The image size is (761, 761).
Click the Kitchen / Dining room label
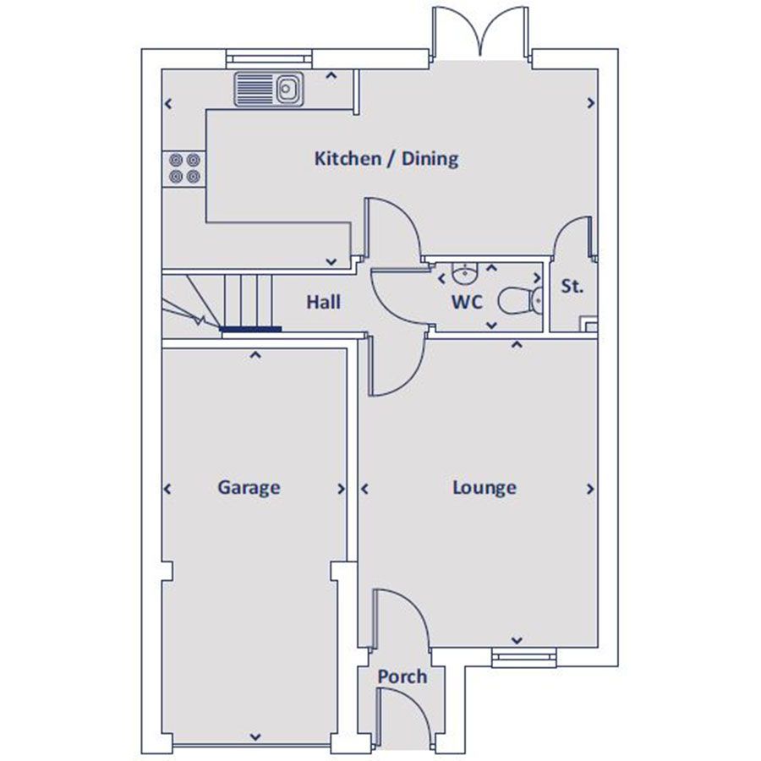click(386, 158)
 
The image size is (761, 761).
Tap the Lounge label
click(485, 487)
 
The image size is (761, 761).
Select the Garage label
click(249, 487)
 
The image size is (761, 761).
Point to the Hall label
click(323, 301)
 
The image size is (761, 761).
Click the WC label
click(467, 302)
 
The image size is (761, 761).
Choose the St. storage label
click(572, 286)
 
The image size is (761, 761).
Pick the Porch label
click(402, 676)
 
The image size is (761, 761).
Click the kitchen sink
click(269, 88)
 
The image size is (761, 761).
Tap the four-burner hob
click(184, 167)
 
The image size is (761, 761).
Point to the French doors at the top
click(482, 34)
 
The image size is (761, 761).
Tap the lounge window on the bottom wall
click(523, 657)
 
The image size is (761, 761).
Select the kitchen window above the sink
click(269, 59)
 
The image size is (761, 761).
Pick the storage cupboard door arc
click(575, 237)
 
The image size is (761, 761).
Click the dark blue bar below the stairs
click(250, 329)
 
